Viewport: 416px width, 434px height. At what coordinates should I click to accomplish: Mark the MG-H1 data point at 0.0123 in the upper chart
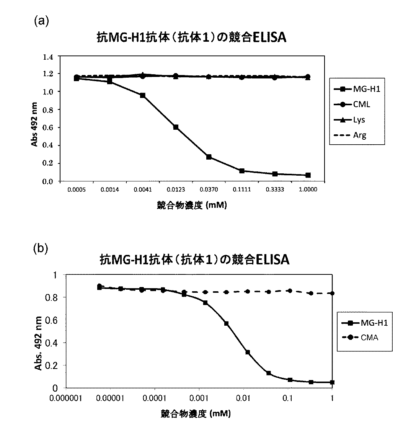coord(176,127)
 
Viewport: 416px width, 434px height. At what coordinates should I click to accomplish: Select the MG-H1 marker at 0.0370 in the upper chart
coord(209,157)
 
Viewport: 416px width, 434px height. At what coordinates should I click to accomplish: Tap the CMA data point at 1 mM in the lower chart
coord(332,293)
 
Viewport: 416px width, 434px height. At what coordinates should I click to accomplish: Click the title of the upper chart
coord(191,39)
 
